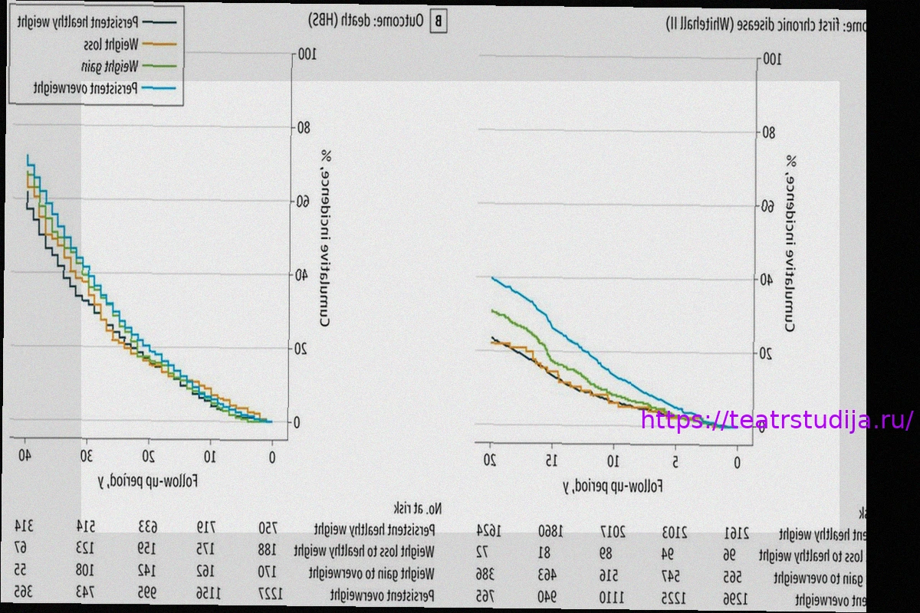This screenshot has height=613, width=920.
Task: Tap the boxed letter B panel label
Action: [x=438, y=21]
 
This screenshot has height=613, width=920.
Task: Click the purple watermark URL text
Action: [x=777, y=421]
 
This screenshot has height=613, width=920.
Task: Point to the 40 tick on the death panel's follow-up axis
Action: [x=25, y=457]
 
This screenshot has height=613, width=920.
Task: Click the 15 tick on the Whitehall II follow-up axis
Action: [x=550, y=461]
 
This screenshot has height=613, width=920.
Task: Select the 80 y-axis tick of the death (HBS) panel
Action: [x=302, y=127]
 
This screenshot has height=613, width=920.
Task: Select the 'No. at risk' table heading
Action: [x=419, y=508]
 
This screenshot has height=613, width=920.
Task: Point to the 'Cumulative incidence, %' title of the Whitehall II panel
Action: [x=790, y=244]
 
